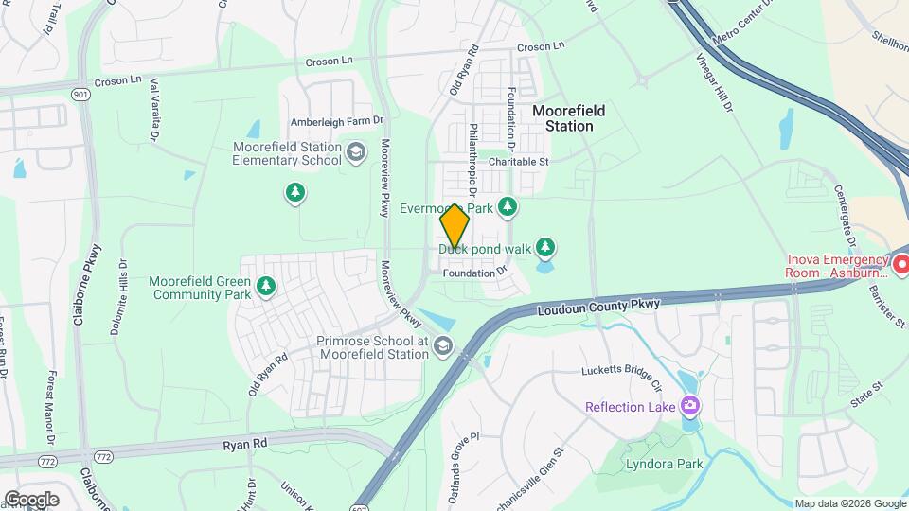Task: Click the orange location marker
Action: click(454, 226)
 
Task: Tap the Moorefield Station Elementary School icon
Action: click(356, 151)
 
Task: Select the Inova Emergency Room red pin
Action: click(900, 261)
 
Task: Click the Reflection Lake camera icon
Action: click(689, 406)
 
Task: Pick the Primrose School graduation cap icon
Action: click(442, 347)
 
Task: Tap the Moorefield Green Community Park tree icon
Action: click(267, 285)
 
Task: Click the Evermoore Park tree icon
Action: click(508, 205)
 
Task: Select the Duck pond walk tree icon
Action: click(544, 248)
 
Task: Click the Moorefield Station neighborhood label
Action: click(569, 118)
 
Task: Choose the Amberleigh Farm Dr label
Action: click(338, 120)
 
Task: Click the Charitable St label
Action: click(519, 162)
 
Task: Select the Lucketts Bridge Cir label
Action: click(621, 378)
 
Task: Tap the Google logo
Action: click(31, 499)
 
